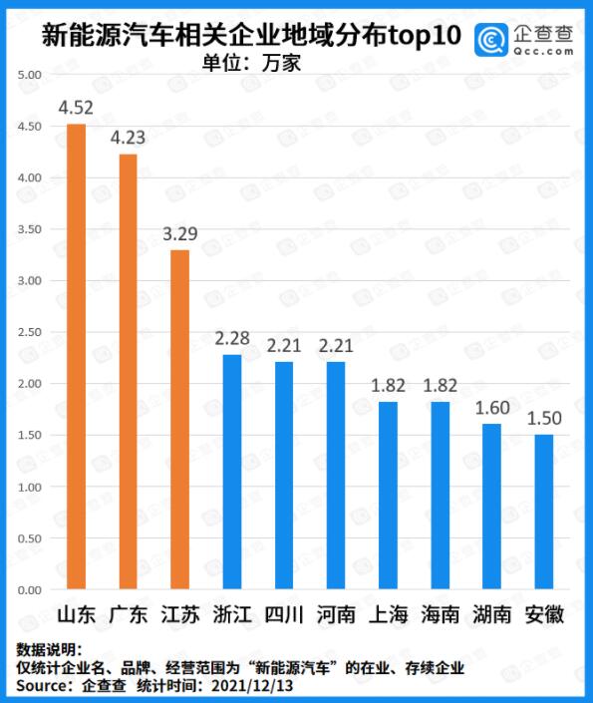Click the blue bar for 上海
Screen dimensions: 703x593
[388, 496]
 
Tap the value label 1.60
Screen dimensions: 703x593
[491, 407]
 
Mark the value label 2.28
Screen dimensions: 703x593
[231, 338]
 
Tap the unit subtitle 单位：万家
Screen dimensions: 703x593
[251, 61]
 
